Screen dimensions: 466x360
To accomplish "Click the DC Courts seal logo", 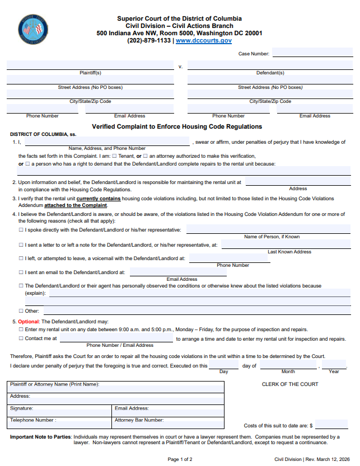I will pos(32,29).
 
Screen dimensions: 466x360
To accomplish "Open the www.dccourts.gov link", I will pos(203,41).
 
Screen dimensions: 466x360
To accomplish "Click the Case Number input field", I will pos(312,54).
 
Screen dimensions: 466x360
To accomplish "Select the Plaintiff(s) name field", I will pos(90,65).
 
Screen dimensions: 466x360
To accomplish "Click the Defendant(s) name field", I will pos(270,65).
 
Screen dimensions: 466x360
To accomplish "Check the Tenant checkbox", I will pos(115,156).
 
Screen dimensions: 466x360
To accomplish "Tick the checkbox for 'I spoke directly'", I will pos(21,230).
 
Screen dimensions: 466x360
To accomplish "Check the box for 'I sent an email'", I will pos(21,272).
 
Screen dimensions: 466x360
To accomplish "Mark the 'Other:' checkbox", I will pos(21,311).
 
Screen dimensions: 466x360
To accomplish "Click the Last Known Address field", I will pos(286,244).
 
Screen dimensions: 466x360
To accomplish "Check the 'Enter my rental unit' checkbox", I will pos(21,330).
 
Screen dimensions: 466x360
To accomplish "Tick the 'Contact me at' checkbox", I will pos(21,339).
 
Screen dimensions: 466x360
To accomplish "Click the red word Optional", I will pos(29,322).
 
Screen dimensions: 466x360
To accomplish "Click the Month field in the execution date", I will pos(288,365).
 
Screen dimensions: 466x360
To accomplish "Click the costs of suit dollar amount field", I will pos(333,425).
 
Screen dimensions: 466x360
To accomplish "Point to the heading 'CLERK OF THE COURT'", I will pos(290,384).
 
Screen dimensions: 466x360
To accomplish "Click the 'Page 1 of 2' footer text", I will pos(180,459).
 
